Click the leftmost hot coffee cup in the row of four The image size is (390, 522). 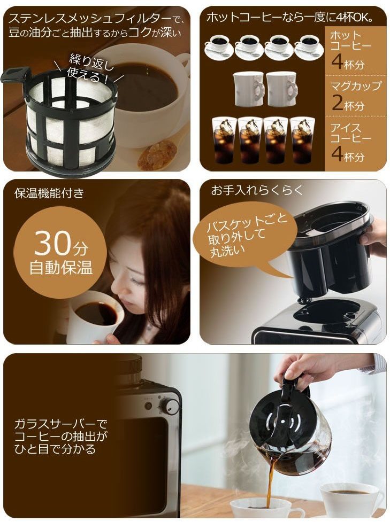click(x=219, y=46)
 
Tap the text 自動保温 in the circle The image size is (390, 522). click(x=61, y=268)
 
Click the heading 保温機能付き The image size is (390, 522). click(x=49, y=193)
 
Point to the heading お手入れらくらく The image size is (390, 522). click(x=257, y=190)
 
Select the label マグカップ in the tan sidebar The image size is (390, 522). click(x=356, y=85)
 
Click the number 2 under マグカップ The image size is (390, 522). click(x=338, y=102)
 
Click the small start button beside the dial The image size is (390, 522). click(x=148, y=406)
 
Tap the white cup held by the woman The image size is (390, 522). click(x=93, y=316)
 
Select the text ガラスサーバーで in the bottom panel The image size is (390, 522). click(x=60, y=424)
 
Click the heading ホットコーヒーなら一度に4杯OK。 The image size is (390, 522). click(x=289, y=17)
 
